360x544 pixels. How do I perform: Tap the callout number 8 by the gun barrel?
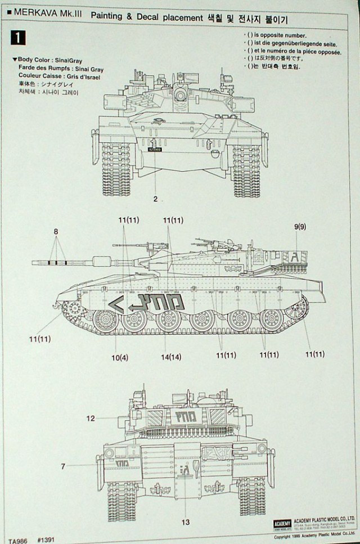coord(56,231)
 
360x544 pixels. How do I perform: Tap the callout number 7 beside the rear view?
coord(62,466)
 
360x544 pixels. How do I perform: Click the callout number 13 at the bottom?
coord(185,523)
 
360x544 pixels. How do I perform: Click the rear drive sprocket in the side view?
coord(297,308)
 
